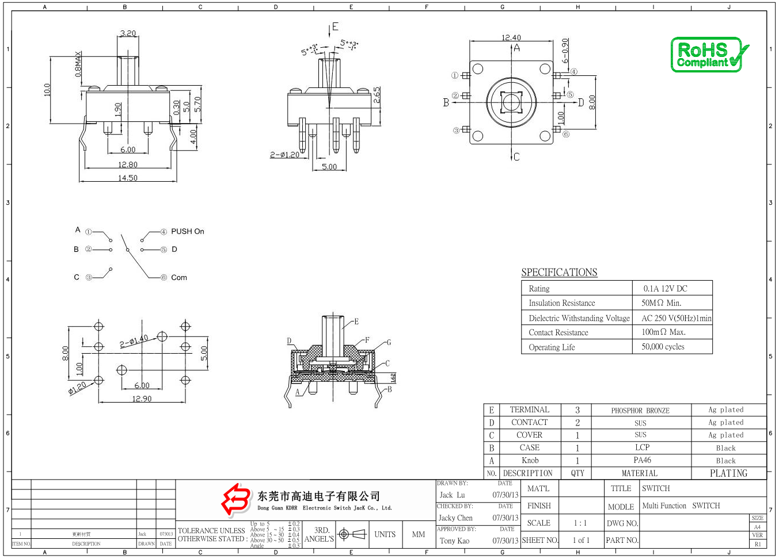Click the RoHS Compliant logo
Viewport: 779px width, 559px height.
[709, 55]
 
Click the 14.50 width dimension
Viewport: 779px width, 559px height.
[128, 178]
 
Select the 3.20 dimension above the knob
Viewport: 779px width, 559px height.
[128, 33]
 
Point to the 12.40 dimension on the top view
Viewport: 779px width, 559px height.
[511, 37]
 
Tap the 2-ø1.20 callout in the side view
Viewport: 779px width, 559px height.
[285, 155]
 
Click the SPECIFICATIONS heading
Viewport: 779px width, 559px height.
[559, 273]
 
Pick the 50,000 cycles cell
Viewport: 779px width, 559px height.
[663, 347]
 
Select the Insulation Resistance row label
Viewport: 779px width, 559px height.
[562, 303]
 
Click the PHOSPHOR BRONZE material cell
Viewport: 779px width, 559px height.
[640, 411]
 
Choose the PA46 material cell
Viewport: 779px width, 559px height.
[642, 460]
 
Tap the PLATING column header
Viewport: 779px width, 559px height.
[728, 473]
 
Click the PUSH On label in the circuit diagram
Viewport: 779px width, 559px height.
[188, 231]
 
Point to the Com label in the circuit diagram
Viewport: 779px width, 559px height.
[179, 277]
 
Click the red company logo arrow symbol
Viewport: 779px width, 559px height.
[236, 499]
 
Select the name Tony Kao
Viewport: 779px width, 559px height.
[455, 541]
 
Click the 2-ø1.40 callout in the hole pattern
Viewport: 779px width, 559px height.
[134, 342]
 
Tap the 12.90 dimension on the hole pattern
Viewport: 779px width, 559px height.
[142, 399]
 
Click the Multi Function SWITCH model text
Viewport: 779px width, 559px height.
[681, 506]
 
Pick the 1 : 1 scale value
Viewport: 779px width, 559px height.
[580, 523]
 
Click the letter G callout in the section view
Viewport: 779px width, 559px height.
[389, 342]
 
